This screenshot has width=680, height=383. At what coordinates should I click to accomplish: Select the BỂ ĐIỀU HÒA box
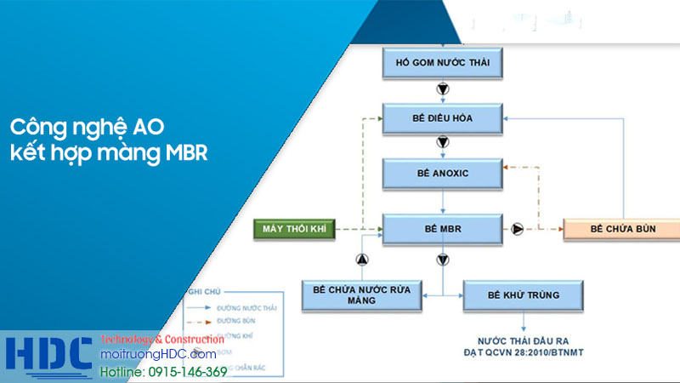click(442, 119)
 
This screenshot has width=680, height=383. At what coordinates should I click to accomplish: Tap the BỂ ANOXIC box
click(442, 173)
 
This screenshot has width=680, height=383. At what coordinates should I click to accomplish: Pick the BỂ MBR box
click(442, 228)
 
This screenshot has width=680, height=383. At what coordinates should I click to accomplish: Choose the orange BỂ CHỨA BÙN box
click(621, 228)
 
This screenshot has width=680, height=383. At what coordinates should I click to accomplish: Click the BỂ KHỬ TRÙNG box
click(523, 294)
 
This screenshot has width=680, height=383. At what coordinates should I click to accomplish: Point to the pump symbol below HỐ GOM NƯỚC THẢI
click(442, 89)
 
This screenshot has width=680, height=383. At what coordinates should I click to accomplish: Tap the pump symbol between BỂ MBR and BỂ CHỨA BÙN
click(518, 228)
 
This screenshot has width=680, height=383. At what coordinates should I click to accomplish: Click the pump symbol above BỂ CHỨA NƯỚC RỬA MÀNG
click(360, 259)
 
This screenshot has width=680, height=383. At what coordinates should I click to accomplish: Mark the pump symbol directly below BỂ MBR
click(442, 259)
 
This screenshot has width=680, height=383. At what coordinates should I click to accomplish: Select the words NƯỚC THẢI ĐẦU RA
click(523, 339)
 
